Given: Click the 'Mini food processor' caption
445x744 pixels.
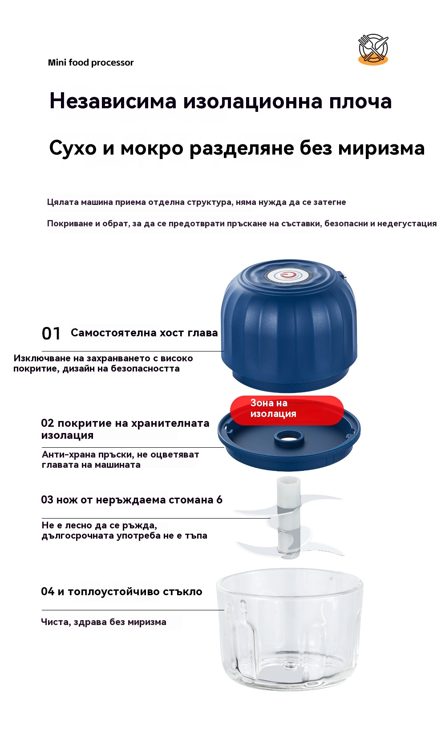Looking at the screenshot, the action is tap(91, 62).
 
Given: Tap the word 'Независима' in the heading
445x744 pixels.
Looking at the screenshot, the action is tap(113, 101).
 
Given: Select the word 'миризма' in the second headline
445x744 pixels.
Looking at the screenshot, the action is tap(381, 148).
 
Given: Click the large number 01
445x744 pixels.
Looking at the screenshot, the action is tap(51, 334).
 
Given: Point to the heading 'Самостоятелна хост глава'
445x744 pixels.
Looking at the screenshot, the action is tap(144, 333).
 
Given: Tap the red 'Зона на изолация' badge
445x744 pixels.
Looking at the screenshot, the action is tap(287, 410).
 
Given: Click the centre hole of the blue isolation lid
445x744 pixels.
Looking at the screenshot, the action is tap(289, 438).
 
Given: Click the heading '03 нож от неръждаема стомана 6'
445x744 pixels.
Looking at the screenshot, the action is tap(132, 500).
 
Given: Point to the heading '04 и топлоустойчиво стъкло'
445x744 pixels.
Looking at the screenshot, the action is tap(122, 592).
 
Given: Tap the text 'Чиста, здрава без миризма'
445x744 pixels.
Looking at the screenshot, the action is tap(104, 622).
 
